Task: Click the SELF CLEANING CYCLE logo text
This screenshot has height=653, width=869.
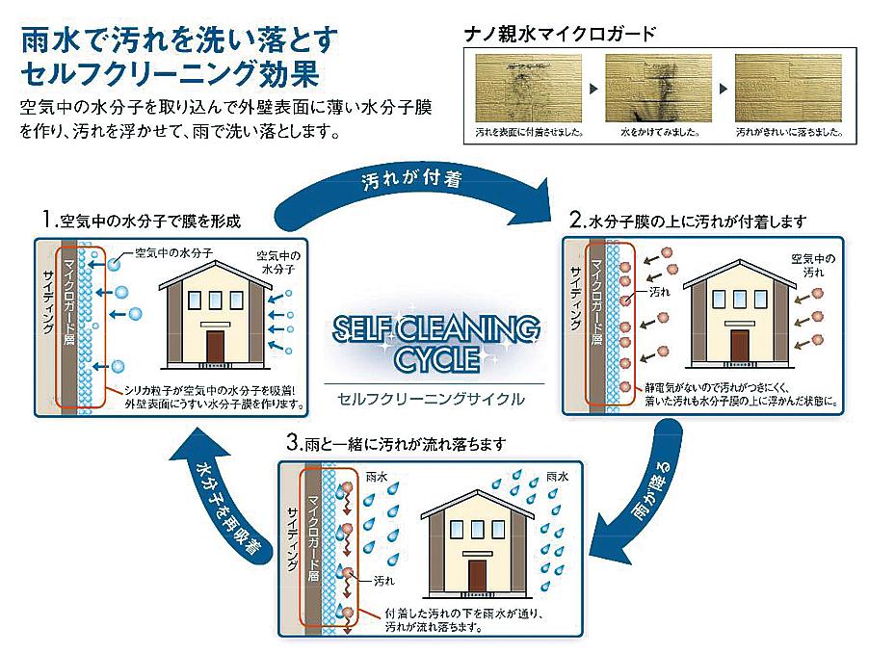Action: click(434, 343)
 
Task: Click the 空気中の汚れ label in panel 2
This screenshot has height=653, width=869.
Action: click(812, 267)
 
